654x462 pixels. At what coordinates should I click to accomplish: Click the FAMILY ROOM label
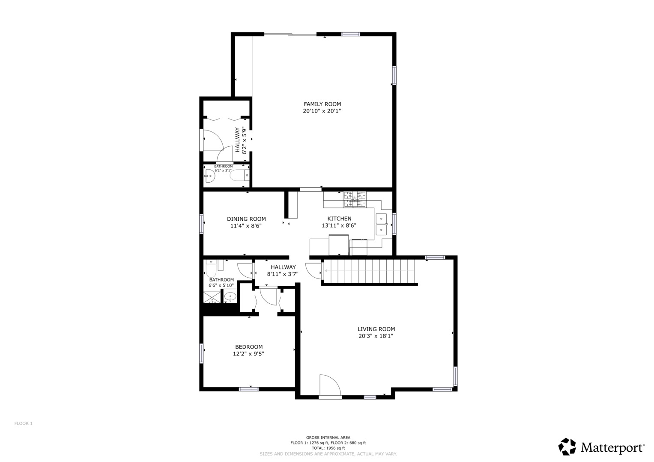click(x=323, y=104)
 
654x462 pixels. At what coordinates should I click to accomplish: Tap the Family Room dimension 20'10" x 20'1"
click(x=322, y=111)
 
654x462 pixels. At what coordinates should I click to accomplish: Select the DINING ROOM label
click(x=246, y=219)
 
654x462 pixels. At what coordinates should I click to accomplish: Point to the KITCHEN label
click(x=339, y=219)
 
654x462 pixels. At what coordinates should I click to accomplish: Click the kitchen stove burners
click(x=355, y=199)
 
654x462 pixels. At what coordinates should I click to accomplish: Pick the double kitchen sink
click(x=381, y=224)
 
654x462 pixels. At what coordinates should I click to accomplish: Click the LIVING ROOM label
click(x=376, y=329)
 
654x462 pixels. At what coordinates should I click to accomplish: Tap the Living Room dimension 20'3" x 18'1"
click(x=376, y=336)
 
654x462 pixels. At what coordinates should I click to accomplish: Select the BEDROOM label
click(x=249, y=347)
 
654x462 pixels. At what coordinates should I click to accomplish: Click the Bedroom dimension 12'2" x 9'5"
click(x=248, y=354)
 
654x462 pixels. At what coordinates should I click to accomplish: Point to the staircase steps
click(x=369, y=271)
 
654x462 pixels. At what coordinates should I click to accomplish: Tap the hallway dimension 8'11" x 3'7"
click(x=283, y=274)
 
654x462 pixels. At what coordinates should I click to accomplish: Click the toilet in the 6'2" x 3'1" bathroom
click(x=239, y=175)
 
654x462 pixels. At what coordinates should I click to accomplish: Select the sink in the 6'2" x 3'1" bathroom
click(x=210, y=176)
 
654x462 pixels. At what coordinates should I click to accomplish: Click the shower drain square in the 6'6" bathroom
click(x=212, y=297)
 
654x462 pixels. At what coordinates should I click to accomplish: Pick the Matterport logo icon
click(x=567, y=447)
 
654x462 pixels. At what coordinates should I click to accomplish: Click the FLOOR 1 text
click(x=24, y=423)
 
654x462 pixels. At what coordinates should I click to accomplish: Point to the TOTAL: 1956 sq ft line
click(x=328, y=448)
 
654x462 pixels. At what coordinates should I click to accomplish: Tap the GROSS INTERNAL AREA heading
click(x=328, y=438)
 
